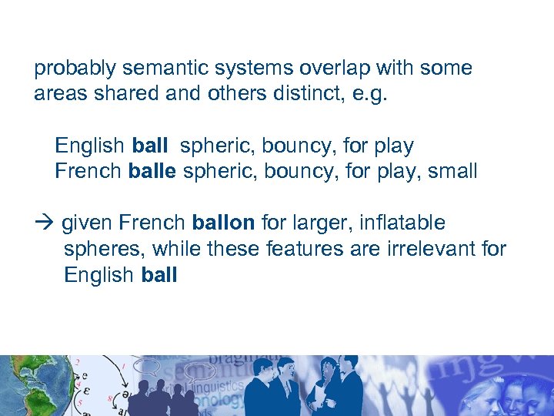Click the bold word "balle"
152,171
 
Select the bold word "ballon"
223,223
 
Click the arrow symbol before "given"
42,223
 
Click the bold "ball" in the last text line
159,275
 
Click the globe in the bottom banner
23,385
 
